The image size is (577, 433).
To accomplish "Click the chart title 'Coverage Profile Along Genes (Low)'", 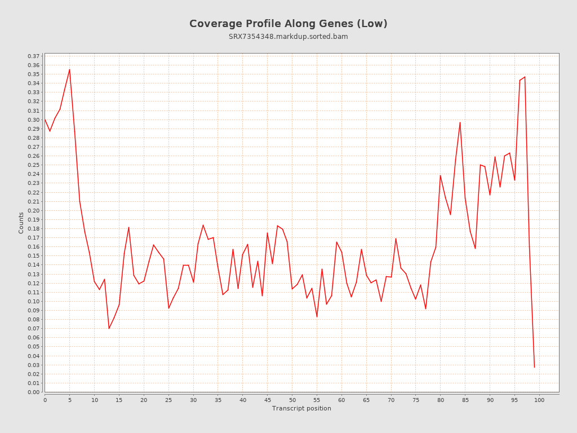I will (288, 24).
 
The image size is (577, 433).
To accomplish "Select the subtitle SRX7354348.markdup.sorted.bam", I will (288, 37).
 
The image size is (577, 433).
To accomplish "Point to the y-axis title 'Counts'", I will (21, 223).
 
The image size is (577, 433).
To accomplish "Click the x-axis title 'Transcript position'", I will (301, 408).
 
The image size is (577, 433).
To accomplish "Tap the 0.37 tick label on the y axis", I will (34, 56).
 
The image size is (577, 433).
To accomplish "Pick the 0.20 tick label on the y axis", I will (34, 211).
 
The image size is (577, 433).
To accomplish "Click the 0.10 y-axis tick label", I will (34, 302).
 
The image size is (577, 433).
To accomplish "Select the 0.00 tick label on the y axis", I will (34, 392).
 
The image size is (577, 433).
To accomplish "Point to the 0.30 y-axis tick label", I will (34, 120).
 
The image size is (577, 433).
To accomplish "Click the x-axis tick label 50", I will (292, 400).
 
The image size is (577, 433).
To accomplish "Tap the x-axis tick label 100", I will (539, 400).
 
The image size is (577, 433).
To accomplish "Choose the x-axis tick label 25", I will (168, 400).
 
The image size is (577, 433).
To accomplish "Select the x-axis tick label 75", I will (416, 400).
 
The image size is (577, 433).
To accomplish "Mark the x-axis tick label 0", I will (45, 400).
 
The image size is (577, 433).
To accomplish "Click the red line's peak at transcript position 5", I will (69, 69).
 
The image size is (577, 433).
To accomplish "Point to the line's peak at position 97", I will (525, 77).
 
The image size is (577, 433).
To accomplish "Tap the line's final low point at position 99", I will (534, 367).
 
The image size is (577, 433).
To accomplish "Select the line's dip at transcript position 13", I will (109, 328).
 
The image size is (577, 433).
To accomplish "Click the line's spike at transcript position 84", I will (460, 122).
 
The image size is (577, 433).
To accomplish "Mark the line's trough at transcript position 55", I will (317, 316).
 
